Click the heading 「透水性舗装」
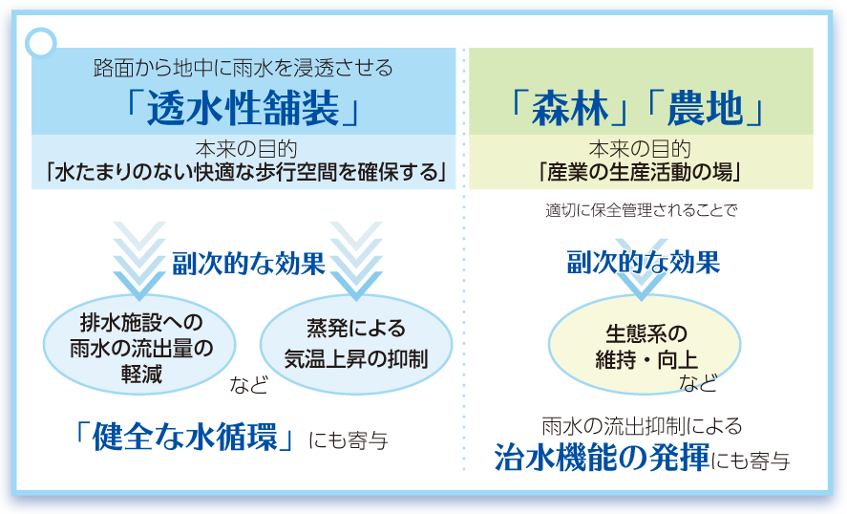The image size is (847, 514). pos(243,108)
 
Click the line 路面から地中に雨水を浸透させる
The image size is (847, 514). pos(244,68)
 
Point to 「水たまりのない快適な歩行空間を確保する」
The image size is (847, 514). pos(245,172)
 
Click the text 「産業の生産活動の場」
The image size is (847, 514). pos(641,172)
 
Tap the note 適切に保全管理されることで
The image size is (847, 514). pos(641,209)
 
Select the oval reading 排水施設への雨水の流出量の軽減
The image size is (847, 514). pos(139,345)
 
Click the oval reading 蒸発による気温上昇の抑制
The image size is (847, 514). pos(356,345)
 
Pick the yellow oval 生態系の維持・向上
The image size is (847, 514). pos(645,345)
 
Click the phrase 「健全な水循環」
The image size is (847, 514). pos(184,437)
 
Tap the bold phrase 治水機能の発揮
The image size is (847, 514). pos(603,458)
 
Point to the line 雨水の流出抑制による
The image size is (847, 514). pos(642,426)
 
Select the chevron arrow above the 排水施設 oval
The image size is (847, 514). pos(139,261)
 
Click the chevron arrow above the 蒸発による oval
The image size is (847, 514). pos(356,261)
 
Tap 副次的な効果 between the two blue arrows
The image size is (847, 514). pos(248,264)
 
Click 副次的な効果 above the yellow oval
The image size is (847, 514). pos(644,262)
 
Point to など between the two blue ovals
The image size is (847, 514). pos(249,385)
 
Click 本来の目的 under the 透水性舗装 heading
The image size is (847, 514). pos(246,149)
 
